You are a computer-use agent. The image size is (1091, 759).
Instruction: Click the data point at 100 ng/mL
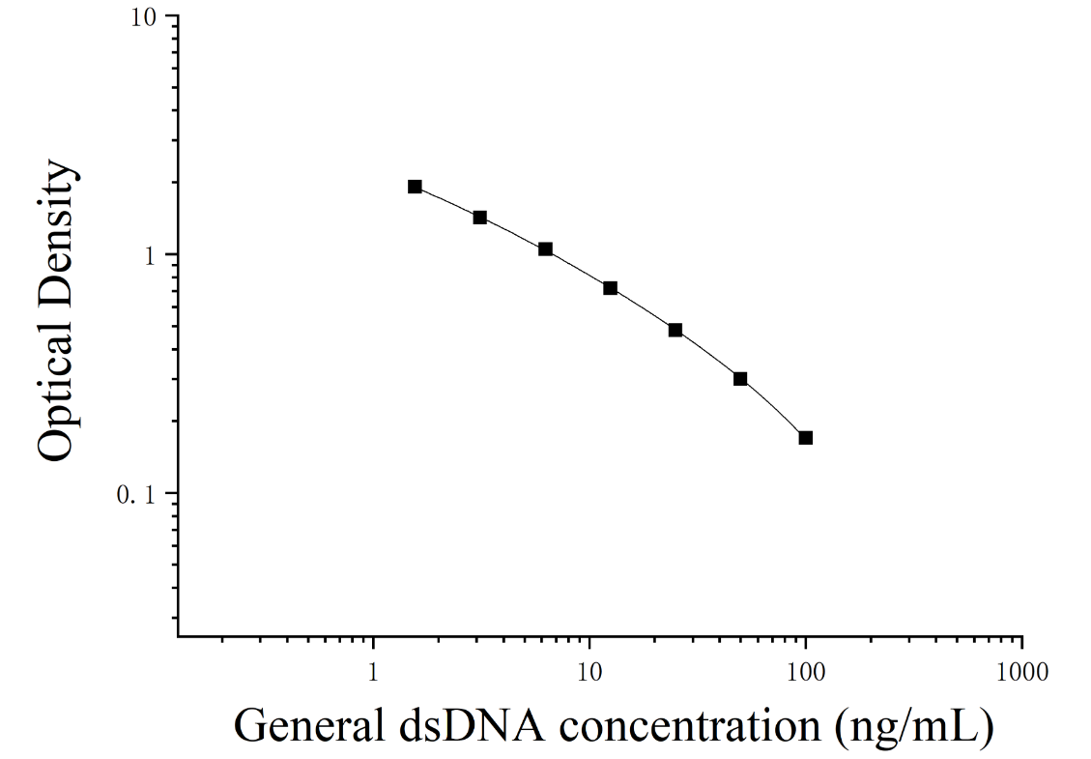[x=806, y=438]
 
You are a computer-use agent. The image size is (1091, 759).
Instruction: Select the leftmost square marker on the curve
[x=415, y=187]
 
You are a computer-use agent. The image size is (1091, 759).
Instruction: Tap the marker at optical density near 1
[x=545, y=249]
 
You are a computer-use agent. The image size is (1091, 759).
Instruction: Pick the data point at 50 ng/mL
[x=740, y=379]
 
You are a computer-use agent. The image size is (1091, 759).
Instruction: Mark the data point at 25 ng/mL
[x=675, y=330]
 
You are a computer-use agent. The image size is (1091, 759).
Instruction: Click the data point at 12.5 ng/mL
[x=610, y=288]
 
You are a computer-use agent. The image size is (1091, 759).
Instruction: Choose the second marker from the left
[x=479, y=218]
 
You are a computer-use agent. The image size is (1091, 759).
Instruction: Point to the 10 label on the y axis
[x=146, y=17]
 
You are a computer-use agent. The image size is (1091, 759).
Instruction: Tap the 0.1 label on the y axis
[x=138, y=495]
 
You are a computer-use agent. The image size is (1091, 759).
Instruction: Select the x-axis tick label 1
[x=373, y=672]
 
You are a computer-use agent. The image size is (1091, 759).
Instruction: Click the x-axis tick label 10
[x=590, y=672]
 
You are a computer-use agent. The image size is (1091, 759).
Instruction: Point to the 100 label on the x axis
[x=806, y=672]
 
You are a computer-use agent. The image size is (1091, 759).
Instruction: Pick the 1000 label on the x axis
[x=1021, y=672]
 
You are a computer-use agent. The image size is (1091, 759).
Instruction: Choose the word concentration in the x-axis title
[x=690, y=726]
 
